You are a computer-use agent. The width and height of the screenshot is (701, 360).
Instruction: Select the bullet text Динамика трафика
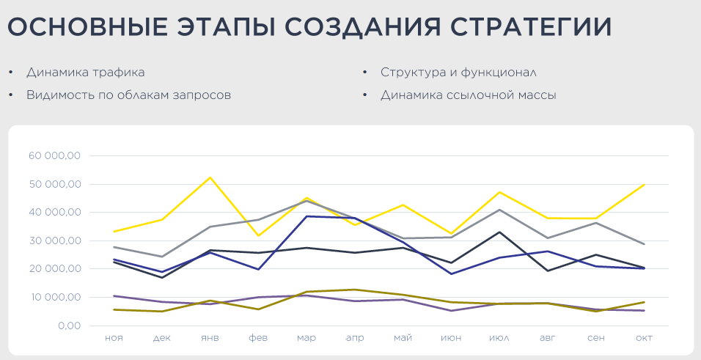(85, 73)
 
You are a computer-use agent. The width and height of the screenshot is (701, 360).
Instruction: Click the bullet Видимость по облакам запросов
(128, 95)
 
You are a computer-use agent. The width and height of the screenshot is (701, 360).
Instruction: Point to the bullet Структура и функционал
(459, 73)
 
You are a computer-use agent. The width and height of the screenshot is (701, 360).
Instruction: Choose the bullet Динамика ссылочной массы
(469, 95)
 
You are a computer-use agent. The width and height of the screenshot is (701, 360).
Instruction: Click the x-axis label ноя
(114, 338)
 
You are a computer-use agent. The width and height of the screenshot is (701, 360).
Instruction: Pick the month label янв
(210, 338)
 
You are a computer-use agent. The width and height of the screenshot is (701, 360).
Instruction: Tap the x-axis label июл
(499, 338)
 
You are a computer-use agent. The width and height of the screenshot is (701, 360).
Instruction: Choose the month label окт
(644, 338)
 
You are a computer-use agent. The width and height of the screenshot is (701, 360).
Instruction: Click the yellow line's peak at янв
(210, 177)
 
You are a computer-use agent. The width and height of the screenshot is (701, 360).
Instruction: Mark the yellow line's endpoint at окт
(644, 185)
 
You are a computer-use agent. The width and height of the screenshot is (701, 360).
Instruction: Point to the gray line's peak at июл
(499, 210)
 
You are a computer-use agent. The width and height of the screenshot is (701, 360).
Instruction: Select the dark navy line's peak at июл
(499, 232)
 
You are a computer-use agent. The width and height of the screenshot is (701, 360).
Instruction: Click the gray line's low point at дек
(162, 257)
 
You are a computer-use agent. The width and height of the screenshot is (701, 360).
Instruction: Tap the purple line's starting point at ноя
(114, 296)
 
